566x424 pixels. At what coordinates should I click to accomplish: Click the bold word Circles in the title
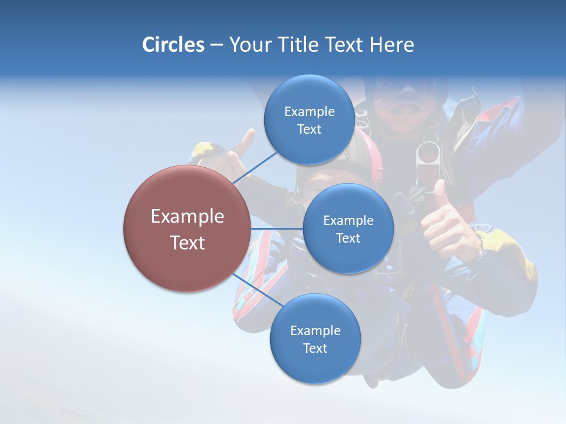(173, 45)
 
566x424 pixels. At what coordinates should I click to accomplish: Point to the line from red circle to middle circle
(277, 228)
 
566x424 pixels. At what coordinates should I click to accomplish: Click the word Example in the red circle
(187, 217)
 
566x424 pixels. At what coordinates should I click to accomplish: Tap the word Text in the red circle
(187, 243)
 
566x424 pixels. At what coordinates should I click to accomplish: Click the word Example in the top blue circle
(309, 112)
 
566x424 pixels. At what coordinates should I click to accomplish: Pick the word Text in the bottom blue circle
(315, 348)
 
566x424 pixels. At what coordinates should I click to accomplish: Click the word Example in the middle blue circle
(348, 221)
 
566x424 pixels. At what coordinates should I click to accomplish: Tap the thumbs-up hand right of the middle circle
(448, 224)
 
